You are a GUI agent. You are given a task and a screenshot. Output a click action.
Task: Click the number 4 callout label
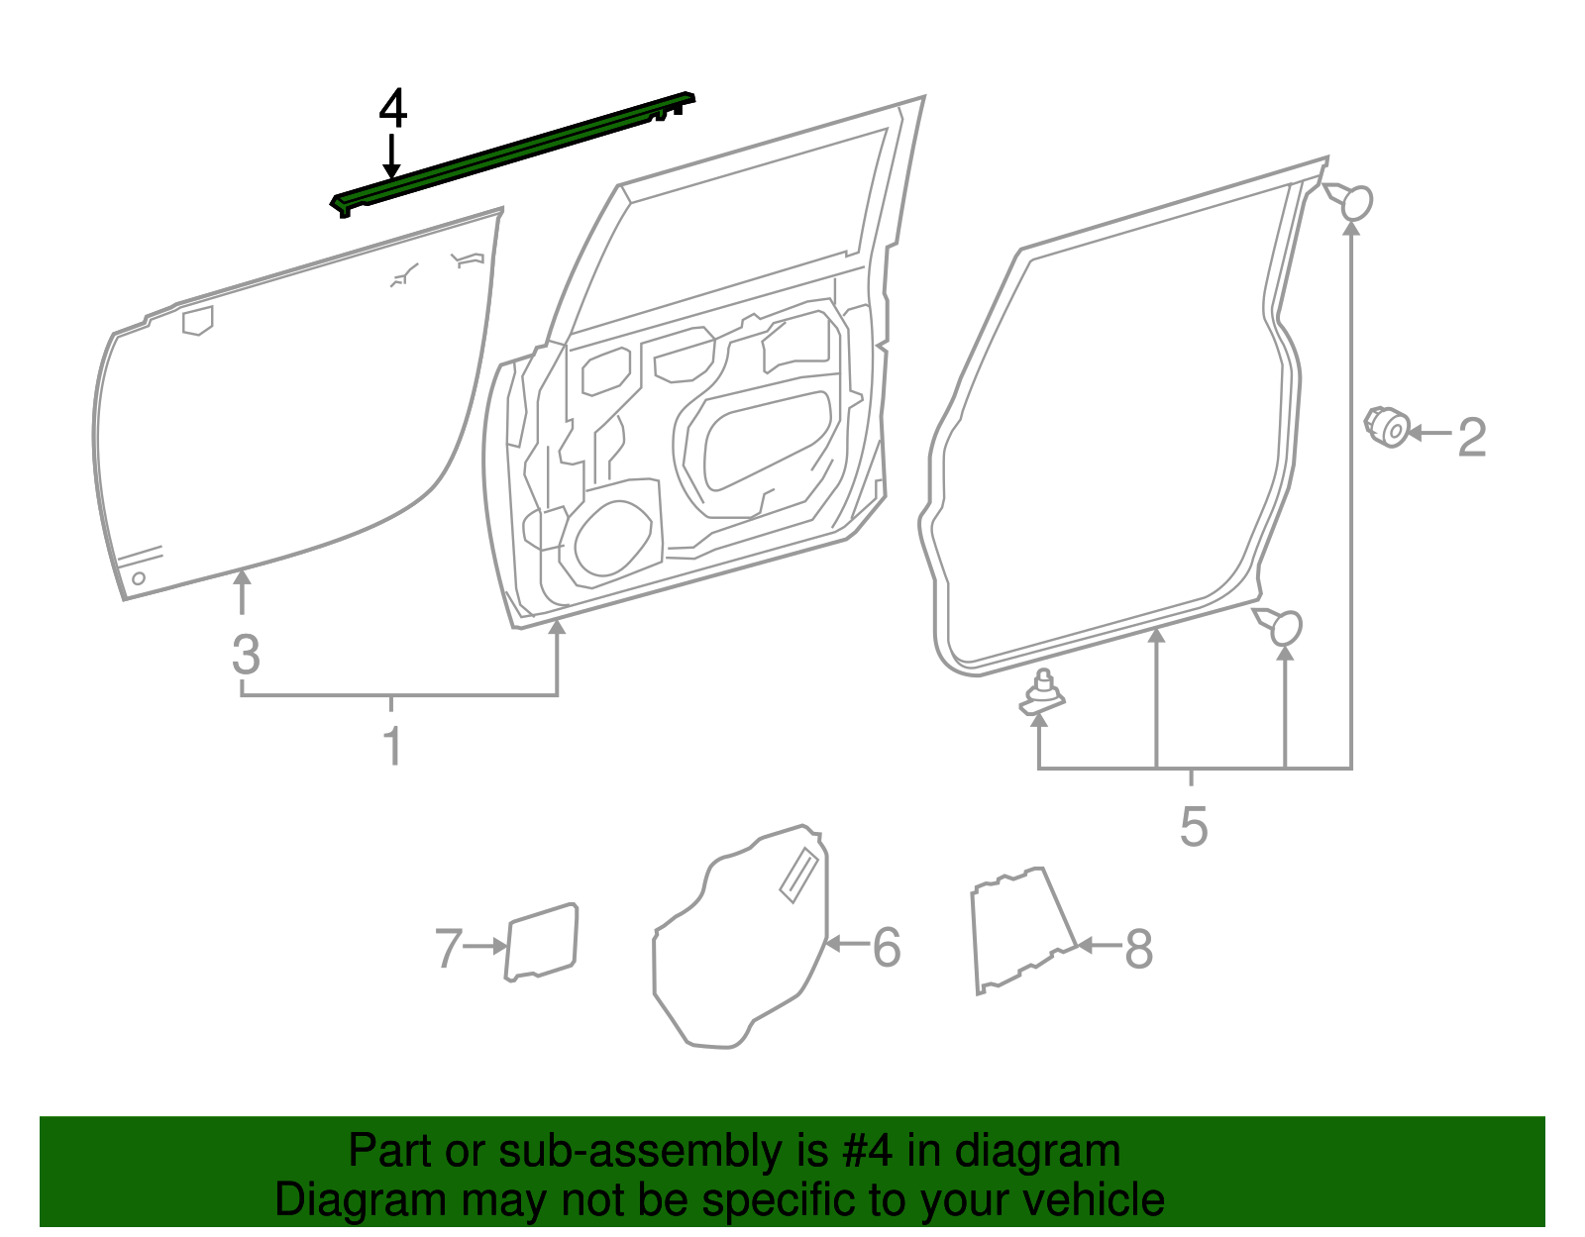393,110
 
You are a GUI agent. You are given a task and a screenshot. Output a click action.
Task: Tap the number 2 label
1472,437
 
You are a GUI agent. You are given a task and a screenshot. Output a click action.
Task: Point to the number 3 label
246,655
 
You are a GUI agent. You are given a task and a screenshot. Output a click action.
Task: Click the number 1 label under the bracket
392,745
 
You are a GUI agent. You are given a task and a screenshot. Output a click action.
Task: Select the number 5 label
1194,826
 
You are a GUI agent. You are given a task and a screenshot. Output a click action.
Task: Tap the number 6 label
887,948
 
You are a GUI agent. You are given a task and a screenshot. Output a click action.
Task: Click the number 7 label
448,949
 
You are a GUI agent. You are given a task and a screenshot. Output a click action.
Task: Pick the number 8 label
1138,949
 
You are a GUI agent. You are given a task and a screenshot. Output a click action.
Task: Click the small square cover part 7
541,942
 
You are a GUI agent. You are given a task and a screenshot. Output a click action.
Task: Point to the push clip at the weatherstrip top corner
1353,202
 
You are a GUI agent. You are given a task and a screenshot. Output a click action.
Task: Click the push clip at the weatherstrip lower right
1283,626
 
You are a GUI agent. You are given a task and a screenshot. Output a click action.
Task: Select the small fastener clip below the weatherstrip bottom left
1042,693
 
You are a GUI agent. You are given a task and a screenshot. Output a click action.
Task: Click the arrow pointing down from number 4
393,158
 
